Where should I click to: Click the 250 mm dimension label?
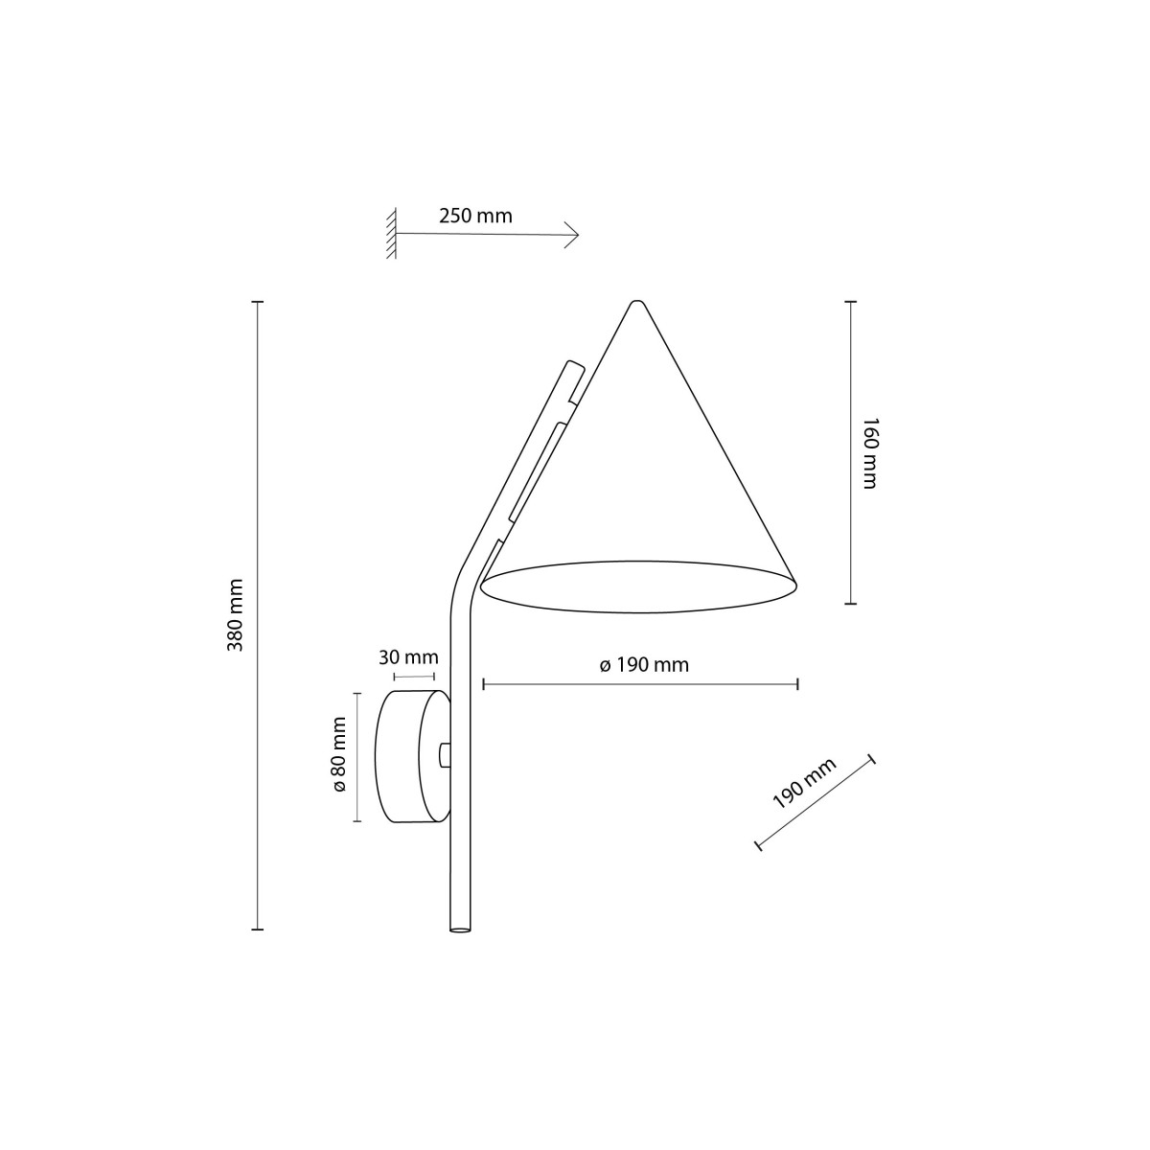[x=475, y=216]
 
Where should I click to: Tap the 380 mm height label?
[x=236, y=615]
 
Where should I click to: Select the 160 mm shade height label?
[x=869, y=452]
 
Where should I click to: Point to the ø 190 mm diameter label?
[x=644, y=665]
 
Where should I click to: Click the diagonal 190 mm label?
[x=804, y=783]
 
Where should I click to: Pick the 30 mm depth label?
[x=408, y=657]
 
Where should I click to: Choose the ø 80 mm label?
[x=338, y=757]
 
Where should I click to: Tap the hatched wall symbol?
[x=391, y=234]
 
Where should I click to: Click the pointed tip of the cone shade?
[x=633, y=305]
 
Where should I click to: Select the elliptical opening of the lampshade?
[x=638, y=586]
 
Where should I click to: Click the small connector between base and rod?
[x=443, y=755]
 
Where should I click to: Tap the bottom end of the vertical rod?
[x=460, y=929]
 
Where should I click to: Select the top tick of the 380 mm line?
[x=257, y=302]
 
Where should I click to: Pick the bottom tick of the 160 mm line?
[x=849, y=604]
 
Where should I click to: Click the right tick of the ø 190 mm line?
[x=798, y=684]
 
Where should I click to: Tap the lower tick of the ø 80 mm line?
[x=356, y=821]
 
